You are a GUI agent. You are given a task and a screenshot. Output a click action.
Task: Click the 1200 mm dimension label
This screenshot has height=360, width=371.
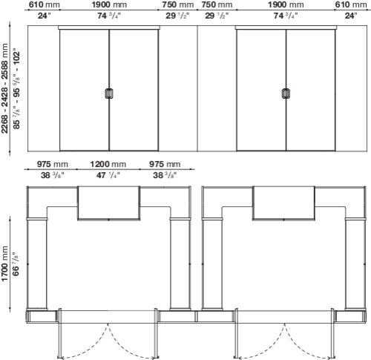point(108,164)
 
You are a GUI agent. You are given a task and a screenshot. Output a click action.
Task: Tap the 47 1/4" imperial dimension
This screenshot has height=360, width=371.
point(108,175)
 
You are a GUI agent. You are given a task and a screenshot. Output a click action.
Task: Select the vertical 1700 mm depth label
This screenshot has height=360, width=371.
point(5,264)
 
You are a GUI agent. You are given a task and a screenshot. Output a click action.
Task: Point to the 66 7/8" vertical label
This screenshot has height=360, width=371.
point(16,264)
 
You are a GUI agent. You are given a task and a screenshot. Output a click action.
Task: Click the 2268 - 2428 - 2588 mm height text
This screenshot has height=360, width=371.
point(5,88)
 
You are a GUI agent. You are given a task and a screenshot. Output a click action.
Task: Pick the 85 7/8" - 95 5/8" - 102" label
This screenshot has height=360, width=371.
point(16,88)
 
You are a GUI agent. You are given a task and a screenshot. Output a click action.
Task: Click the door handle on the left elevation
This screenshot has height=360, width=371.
point(109,94)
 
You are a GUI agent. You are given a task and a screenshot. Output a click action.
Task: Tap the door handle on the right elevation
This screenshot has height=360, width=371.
point(286,94)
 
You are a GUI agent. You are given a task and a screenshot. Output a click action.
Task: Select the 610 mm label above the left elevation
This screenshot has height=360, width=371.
point(45,4)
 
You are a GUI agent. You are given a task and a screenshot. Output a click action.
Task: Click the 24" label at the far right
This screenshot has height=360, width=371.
point(351,16)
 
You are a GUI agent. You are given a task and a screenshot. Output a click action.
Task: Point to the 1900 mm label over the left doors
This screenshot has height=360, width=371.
point(109,4)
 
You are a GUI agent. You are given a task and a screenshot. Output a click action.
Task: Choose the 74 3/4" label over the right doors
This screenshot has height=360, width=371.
point(286,16)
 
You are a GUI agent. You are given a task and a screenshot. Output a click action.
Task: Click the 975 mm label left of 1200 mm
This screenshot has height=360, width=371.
point(52,164)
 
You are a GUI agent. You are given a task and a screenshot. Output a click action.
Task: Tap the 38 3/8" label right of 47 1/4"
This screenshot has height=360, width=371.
point(165,175)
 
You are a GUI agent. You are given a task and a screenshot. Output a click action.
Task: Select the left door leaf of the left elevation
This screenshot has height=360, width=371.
point(85,90)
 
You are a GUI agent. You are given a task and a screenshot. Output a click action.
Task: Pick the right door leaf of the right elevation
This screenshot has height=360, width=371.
point(311,90)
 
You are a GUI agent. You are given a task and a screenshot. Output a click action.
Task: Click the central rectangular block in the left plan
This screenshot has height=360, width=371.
point(108,203)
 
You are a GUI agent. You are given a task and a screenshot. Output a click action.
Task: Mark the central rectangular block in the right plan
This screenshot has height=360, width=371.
point(283,203)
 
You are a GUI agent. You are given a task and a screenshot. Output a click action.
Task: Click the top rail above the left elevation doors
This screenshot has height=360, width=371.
point(109,27)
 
